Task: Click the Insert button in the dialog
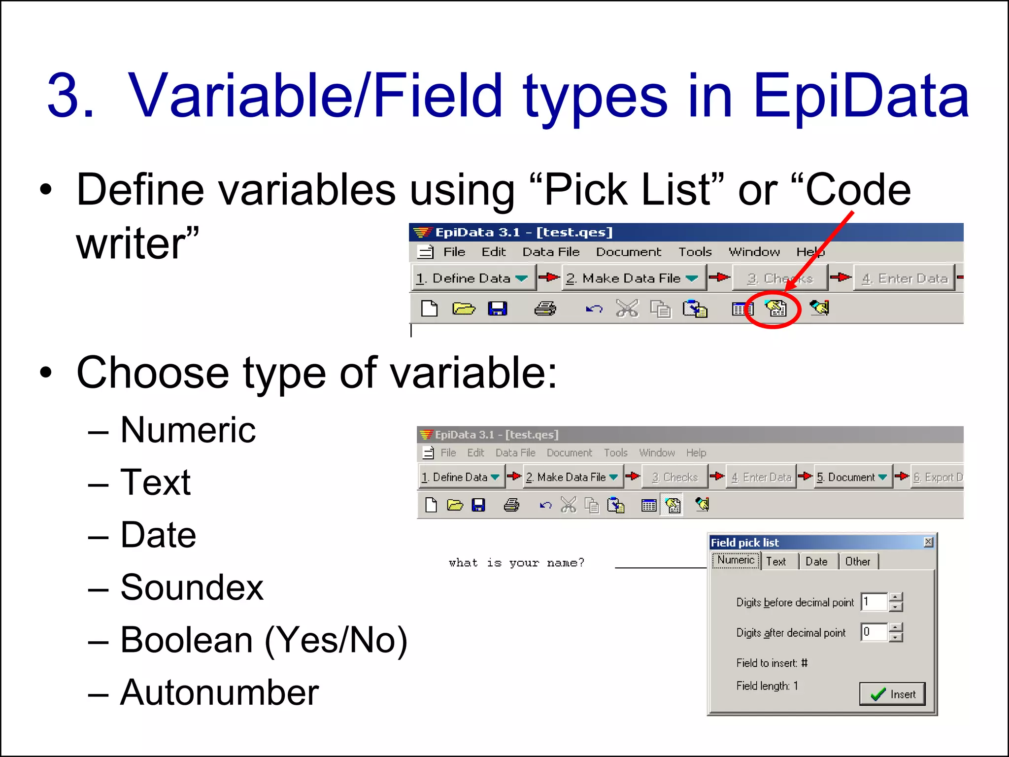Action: [x=892, y=694]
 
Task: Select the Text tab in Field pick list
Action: [x=776, y=561]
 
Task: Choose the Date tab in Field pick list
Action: [x=816, y=561]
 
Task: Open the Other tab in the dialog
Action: [x=857, y=561]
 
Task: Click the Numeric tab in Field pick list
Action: [x=736, y=560]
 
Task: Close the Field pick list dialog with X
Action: [x=928, y=542]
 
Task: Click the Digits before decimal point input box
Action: [x=874, y=602]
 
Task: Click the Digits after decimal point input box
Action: [x=874, y=632]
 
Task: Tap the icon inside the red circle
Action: [x=775, y=309]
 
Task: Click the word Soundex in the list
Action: [x=192, y=587]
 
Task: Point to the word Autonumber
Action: [x=219, y=692]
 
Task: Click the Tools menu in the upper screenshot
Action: [x=695, y=252]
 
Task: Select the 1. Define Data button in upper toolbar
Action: [x=471, y=278]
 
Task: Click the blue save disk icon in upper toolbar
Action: [x=497, y=309]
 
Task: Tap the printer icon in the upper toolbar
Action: [x=545, y=309]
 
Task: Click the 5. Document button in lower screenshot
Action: [x=851, y=477]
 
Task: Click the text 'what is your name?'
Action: [x=516, y=563]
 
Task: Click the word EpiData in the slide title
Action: [x=861, y=96]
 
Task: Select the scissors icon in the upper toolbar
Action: [x=627, y=309]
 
